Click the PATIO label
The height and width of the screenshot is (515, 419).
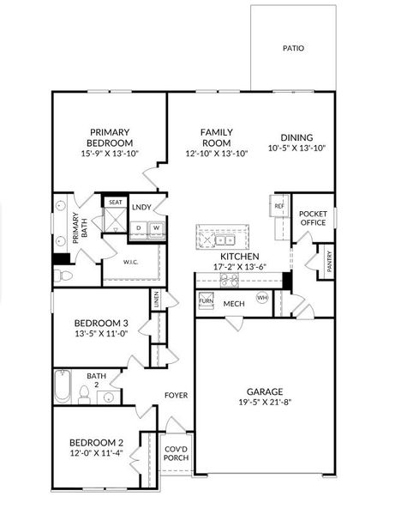(x=293, y=49)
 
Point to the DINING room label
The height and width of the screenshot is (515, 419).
(x=296, y=137)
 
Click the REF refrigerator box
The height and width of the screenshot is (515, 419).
(x=278, y=207)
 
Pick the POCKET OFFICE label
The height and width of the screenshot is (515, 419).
(x=313, y=218)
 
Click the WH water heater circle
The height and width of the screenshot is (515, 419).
(x=262, y=298)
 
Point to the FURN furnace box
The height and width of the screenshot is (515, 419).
(x=206, y=301)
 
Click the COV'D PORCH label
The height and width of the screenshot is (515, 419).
(x=177, y=452)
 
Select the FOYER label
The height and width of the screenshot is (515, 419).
(x=177, y=395)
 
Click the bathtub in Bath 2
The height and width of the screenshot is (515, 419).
(x=63, y=386)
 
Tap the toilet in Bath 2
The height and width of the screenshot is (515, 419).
(x=85, y=394)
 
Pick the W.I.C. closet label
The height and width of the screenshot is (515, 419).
(x=131, y=262)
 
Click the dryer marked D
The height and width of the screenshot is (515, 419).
(x=140, y=228)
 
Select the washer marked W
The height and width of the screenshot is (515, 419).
(x=156, y=228)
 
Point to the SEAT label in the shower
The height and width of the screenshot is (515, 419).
(x=115, y=203)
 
